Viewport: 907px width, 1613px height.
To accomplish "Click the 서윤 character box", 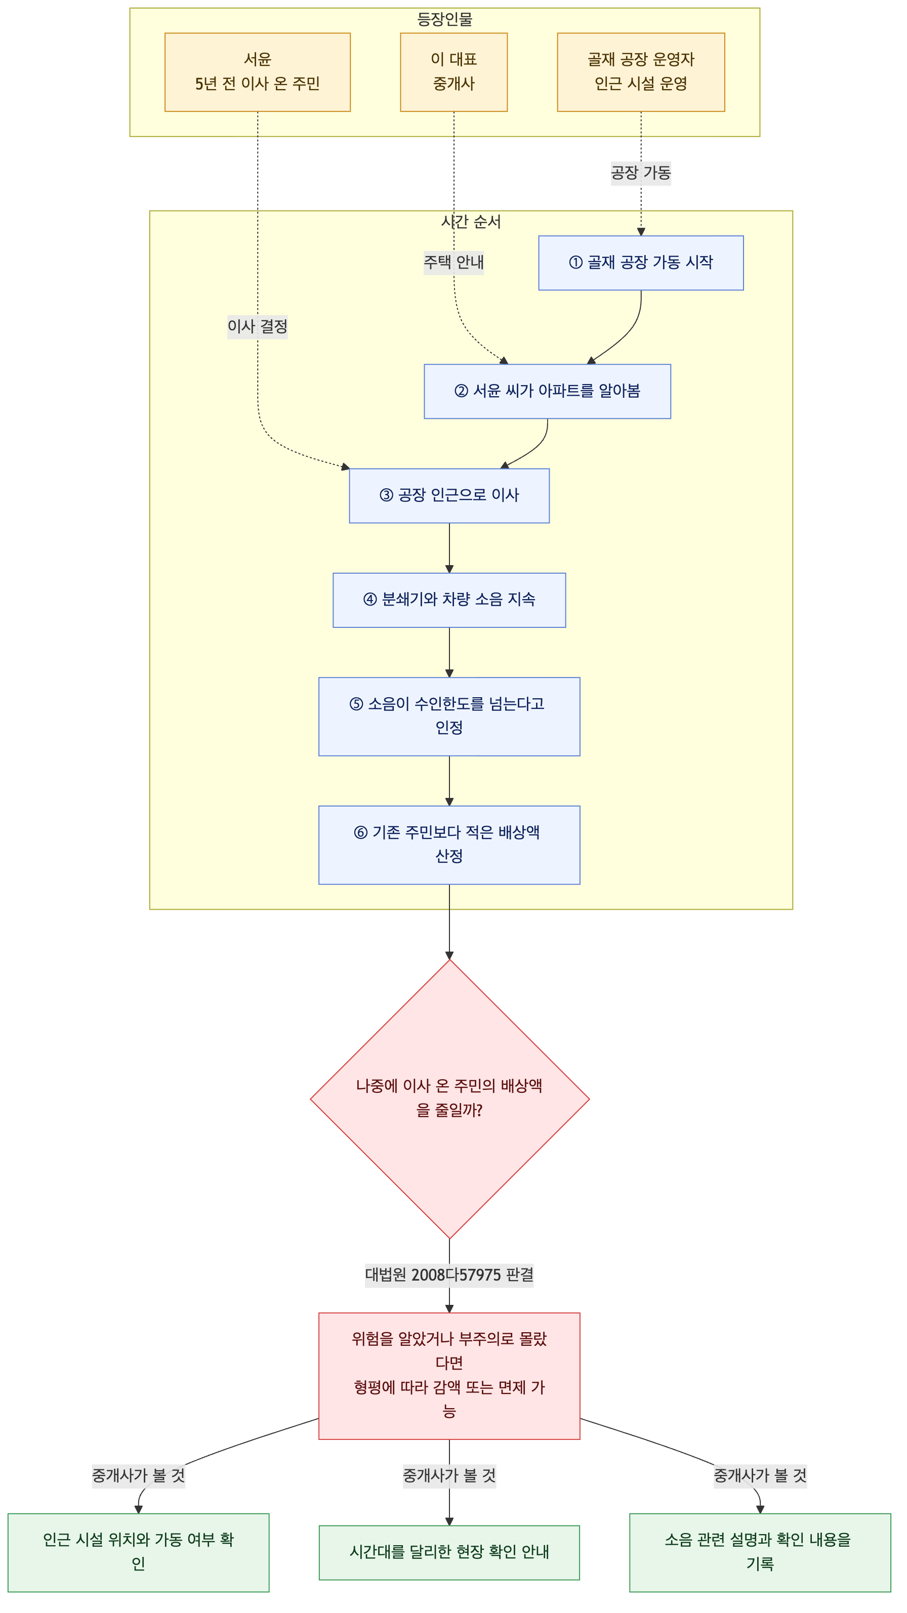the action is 258,72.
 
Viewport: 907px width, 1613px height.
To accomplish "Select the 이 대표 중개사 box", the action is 454,72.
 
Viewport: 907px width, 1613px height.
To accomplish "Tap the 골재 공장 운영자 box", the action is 641,72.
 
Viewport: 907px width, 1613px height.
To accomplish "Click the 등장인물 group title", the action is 445,19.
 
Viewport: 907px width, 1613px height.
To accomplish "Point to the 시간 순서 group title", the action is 471,222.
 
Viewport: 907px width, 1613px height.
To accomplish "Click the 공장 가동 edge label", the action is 641,172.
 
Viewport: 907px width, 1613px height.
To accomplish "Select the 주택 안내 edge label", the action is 454,262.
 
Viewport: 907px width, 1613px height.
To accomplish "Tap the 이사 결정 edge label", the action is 258,326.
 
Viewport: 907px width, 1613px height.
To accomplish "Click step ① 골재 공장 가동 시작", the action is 641,263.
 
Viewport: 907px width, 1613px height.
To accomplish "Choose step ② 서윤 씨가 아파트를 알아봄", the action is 548,391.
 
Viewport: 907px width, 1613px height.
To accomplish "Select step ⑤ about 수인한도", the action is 449,716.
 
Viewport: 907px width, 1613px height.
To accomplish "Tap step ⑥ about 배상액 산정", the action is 449,844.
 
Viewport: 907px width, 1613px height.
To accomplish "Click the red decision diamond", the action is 450,1099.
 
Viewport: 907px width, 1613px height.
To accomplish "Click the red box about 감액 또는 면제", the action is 449,1376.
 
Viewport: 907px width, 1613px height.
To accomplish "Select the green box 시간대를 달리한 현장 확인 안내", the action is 449,1552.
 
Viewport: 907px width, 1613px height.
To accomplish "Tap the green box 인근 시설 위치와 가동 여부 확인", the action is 139,1552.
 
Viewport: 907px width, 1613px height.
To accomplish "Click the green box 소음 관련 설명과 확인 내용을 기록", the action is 760,1552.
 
